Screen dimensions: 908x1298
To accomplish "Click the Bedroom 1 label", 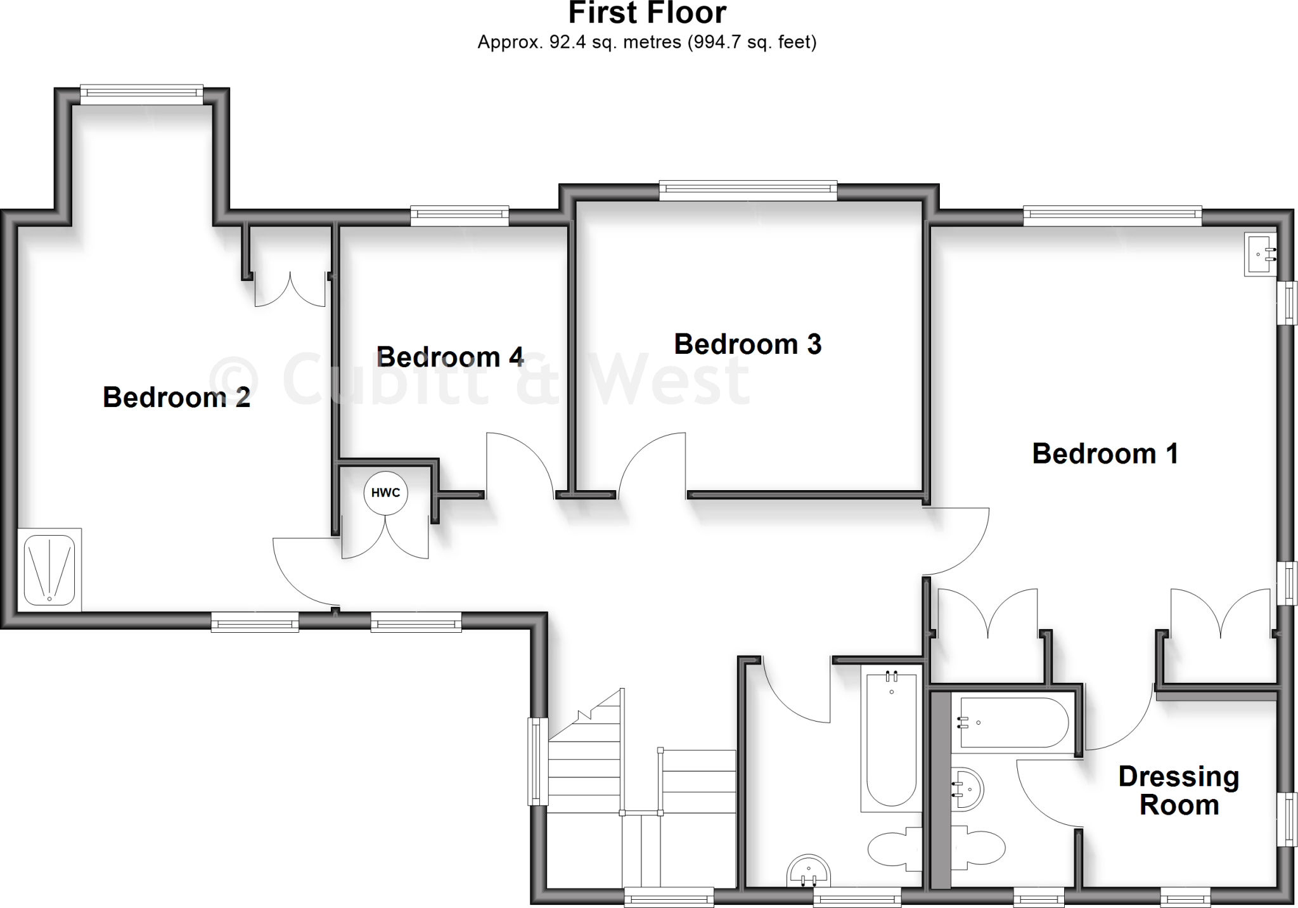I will [x=1105, y=454].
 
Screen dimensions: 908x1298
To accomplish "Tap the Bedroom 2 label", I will [x=176, y=398].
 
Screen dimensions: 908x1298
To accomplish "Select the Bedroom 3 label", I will [x=747, y=344].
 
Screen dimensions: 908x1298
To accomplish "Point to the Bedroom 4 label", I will [x=450, y=357].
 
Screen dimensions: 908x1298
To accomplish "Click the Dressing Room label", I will [x=1178, y=791].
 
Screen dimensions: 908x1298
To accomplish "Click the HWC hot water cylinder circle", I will [x=385, y=493].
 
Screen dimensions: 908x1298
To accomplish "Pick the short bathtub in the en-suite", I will [x=1013, y=723].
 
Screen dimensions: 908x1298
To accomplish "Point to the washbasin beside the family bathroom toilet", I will [x=807, y=871].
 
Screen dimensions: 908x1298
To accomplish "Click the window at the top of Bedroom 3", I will [x=748, y=190].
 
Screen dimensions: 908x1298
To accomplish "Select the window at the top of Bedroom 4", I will [x=459, y=216].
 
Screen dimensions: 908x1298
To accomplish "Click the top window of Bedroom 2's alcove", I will [x=141, y=94].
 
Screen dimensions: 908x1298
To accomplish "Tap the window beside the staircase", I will [x=538, y=761].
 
